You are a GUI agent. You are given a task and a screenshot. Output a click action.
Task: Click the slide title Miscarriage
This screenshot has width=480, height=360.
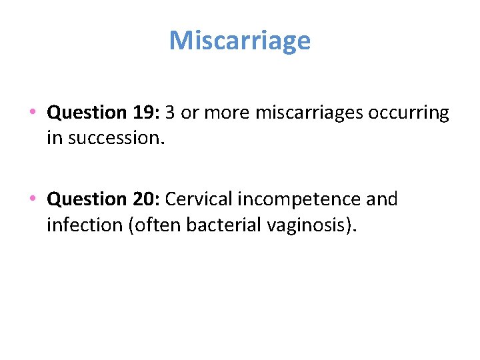pos(240,41)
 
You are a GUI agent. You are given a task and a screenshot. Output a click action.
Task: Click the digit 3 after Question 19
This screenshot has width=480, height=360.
pos(170,113)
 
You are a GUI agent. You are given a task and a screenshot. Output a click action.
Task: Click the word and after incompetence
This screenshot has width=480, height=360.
pos(383,199)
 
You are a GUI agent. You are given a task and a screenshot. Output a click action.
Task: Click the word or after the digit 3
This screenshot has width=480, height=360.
pos(190,113)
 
